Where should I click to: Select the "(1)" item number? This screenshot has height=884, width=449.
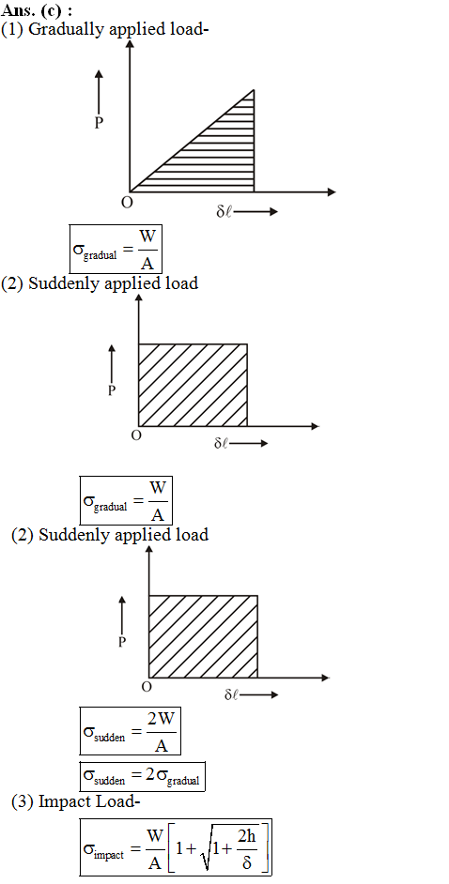pyautogui.click(x=12, y=29)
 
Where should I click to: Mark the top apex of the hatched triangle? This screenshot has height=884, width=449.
pyautogui.click(x=254, y=90)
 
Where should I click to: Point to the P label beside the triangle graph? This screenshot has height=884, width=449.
pyautogui.click(x=99, y=124)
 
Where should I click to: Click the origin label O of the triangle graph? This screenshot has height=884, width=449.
pyautogui.click(x=127, y=203)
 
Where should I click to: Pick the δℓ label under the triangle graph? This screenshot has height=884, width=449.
pyautogui.click(x=224, y=212)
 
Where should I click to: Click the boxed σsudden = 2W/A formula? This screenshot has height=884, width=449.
pyautogui.click(x=131, y=731)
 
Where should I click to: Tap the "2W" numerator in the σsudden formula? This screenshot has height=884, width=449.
pyautogui.click(x=161, y=719)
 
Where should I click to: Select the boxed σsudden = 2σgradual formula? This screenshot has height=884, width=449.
pyautogui.click(x=143, y=776)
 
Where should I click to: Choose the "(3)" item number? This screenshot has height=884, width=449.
pyautogui.click(x=23, y=801)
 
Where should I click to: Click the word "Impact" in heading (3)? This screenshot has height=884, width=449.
pyautogui.click(x=58, y=802)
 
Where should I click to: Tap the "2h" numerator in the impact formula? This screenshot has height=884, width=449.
pyautogui.click(x=246, y=838)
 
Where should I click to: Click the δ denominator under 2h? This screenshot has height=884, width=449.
pyautogui.click(x=246, y=862)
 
